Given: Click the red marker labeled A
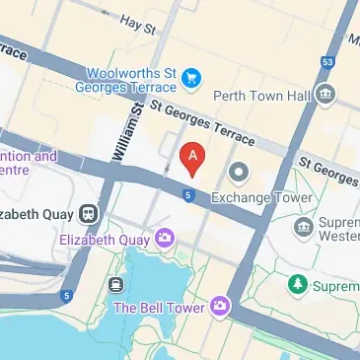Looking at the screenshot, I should click(194, 157).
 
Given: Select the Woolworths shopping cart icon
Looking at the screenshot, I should click(194, 75).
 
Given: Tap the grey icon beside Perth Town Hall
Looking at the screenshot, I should click(325, 94).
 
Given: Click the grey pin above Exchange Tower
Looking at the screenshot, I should click(239, 174).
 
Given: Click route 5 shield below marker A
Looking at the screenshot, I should click(187, 195).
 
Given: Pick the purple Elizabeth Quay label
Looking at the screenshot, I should click(104, 239).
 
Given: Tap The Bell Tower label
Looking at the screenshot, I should click(159, 308).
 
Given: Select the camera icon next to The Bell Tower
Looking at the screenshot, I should click(221, 308).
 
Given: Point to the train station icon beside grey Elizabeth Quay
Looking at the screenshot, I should click(89, 213).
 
